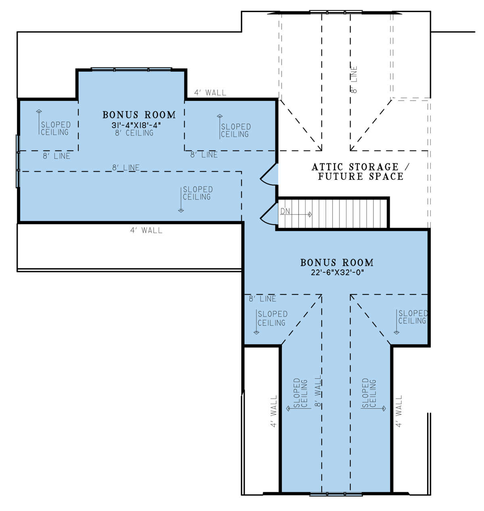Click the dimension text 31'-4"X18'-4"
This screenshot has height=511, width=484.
[136, 125]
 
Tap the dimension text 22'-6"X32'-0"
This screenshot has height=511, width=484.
[337, 272]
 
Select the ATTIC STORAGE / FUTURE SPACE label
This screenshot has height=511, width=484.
[360, 172]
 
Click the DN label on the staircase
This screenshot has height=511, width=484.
[285, 211]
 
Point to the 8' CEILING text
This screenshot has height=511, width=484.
[134, 133]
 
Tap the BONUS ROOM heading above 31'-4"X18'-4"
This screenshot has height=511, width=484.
[139, 115]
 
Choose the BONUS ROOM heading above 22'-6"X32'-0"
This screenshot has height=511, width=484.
[337, 263]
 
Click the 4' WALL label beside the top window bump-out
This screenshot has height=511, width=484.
[210, 93]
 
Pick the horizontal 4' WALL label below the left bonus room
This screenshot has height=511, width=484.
[146, 230]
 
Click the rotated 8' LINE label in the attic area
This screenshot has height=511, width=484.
[354, 79]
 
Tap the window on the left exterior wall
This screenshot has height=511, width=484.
[18, 161]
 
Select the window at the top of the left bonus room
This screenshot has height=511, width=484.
[131, 69]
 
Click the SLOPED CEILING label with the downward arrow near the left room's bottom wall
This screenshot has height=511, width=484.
[198, 193]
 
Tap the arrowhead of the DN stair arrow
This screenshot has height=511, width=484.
[310, 214]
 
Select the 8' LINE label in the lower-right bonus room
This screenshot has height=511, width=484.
[263, 299]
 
